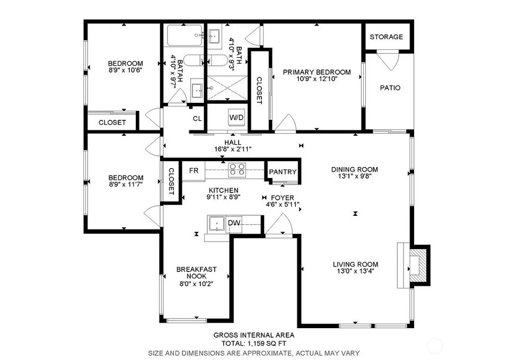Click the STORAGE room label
coord(387,37)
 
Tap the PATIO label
coord(390,87)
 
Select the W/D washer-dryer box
coord(236,117)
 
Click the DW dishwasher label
coord(234,223)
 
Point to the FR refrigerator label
coord(194,170)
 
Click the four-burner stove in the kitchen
coord(236,170)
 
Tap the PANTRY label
coord(283,172)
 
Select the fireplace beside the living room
coord(415,265)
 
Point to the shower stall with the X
coord(227,87)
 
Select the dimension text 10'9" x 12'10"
coord(317,78)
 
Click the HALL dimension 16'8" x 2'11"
coord(233,150)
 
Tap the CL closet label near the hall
coord(197,118)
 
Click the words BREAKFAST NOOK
coord(196,273)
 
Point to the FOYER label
coord(283,198)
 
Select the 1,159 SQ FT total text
coord(267,344)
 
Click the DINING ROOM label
coord(355,169)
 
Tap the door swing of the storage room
coord(388,60)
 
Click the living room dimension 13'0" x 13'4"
coord(355,271)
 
